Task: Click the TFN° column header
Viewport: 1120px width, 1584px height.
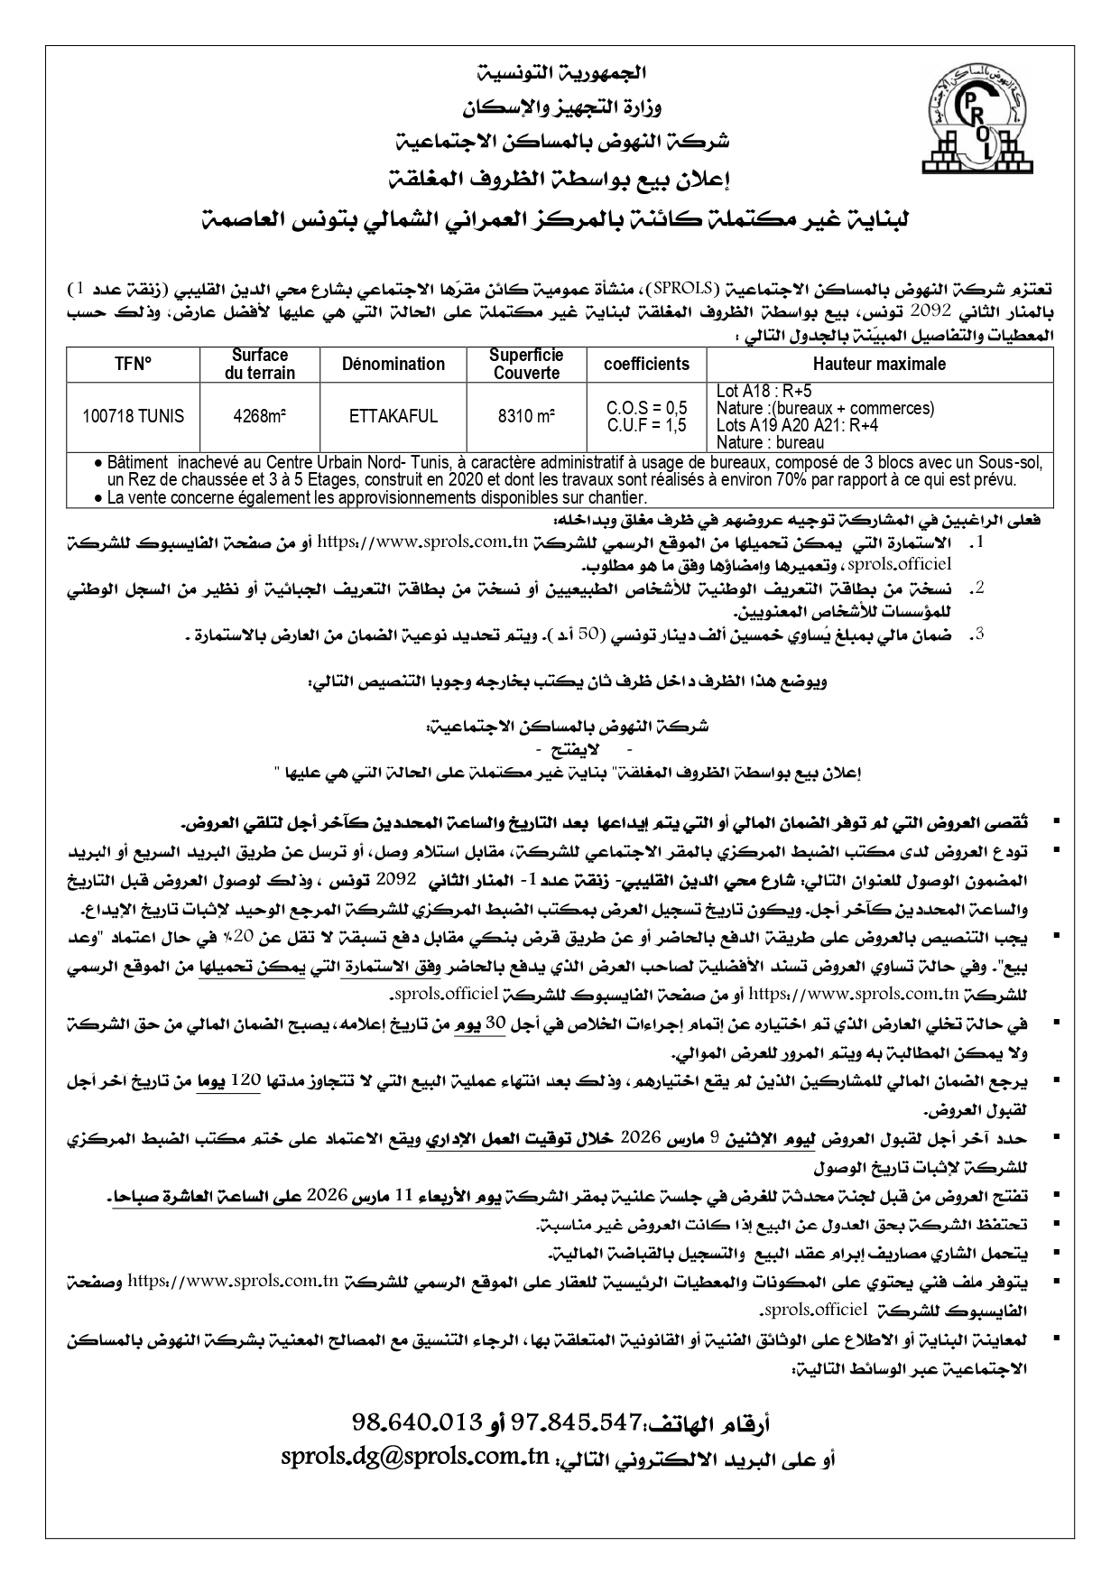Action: [x=133, y=365]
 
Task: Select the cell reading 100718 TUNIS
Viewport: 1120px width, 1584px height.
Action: [x=133, y=416]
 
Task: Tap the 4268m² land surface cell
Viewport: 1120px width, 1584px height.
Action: [x=260, y=416]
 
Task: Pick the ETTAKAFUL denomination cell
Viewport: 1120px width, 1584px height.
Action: [x=393, y=416]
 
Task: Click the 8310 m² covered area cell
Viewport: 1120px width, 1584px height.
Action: [x=525, y=416]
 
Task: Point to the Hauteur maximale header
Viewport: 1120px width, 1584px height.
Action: [x=880, y=365]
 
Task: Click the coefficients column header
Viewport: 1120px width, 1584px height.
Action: [x=646, y=365]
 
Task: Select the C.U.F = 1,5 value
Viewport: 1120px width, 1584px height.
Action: [x=647, y=425]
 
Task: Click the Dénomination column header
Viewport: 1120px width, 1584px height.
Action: [x=393, y=365]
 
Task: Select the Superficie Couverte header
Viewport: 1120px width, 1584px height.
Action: [x=525, y=365]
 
